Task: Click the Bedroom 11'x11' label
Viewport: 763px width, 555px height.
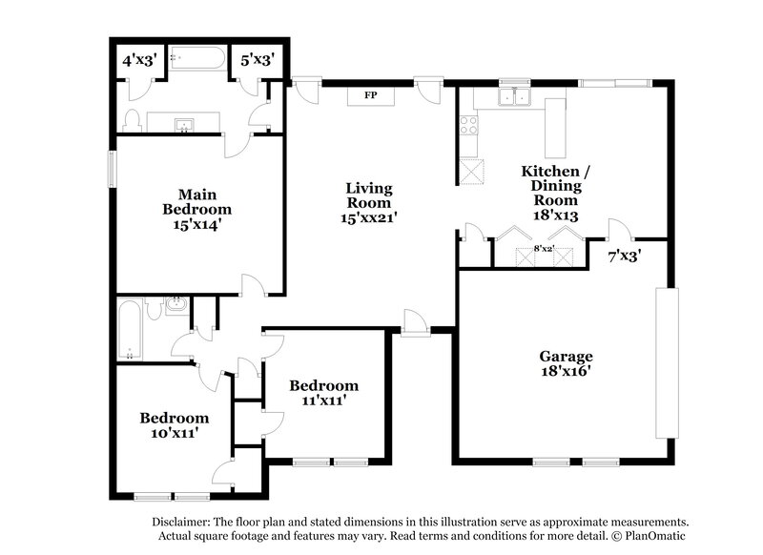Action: click(x=324, y=393)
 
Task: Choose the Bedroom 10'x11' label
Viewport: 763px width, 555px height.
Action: click(x=174, y=425)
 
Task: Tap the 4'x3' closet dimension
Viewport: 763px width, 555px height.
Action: click(x=139, y=60)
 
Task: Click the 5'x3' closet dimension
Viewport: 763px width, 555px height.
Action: click(x=258, y=60)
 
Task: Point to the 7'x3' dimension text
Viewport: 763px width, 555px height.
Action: click(x=625, y=256)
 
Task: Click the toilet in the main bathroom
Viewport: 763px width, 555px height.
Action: click(x=134, y=119)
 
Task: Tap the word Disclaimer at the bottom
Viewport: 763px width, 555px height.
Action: click(x=184, y=523)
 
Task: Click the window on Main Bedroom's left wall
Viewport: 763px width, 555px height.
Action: click(x=113, y=172)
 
